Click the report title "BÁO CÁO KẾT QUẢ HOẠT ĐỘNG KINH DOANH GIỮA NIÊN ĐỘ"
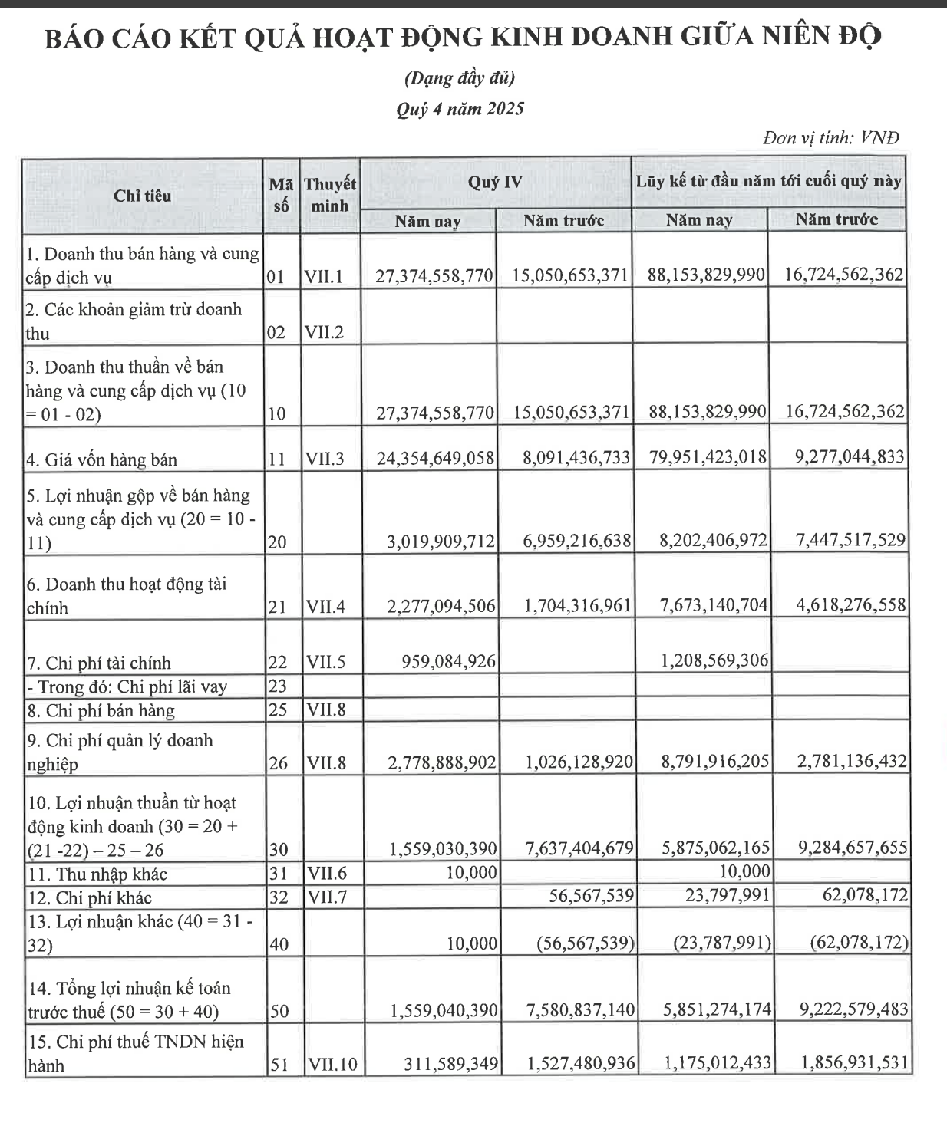[463, 38]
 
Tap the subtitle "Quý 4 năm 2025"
[460, 109]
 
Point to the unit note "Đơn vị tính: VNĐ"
[830, 138]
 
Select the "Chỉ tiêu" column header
[142, 196]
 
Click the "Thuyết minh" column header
[329, 195]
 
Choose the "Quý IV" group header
[495, 182]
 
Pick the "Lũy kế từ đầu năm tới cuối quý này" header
[768, 182]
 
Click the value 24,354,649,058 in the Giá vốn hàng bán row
[434, 458]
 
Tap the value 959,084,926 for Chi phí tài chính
[449, 660]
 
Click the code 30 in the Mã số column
[279, 849]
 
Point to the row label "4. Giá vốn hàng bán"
[101, 460]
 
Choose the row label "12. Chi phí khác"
[89, 897]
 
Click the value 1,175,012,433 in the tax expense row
[718, 1064]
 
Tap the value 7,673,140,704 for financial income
[714, 605]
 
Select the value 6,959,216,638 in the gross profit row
[577, 541]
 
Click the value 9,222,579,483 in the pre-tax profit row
[853, 1010]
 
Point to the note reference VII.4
[325, 607]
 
